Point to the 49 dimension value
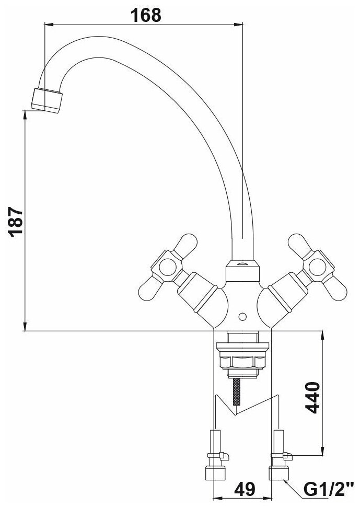click(x=244, y=490)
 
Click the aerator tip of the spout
click(x=48, y=99)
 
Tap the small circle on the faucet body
click(x=242, y=317)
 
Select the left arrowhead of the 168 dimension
click(x=47, y=24)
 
